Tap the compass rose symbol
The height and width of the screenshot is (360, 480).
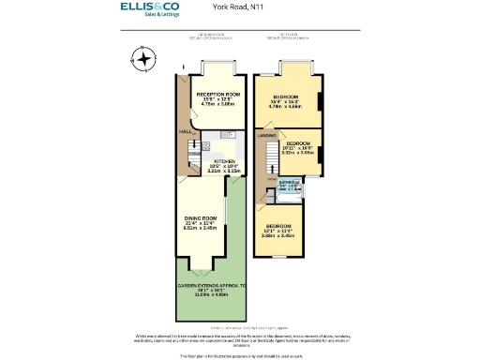click(142, 62)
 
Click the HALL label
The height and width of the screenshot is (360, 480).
click(185, 132)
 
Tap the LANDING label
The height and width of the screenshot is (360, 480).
click(266, 137)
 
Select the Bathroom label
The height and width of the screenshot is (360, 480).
click(289, 185)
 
